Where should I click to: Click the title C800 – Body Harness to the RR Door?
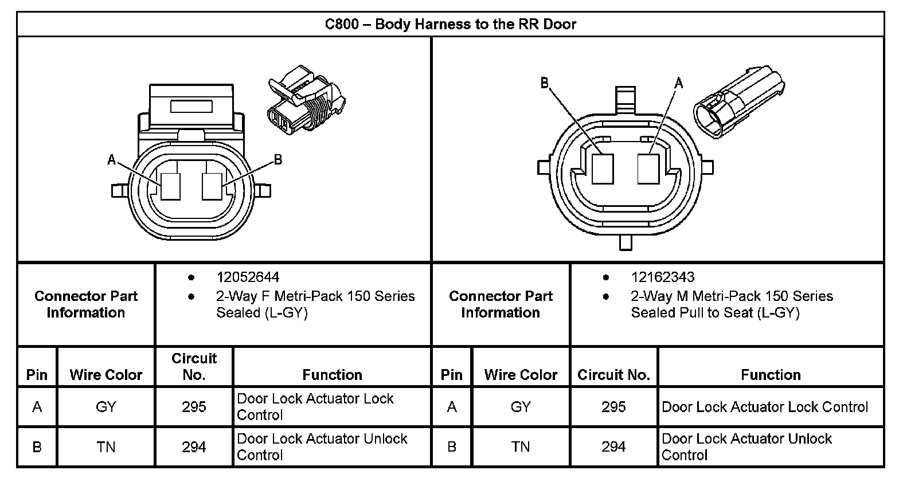(x=450, y=24)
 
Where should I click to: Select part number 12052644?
(x=248, y=277)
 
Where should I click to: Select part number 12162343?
(x=662, y=277)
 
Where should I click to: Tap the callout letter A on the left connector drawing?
(x=112, y=160)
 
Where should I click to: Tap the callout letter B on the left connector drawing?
(x=278, y=160)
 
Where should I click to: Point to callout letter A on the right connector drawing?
(x=679, y=84)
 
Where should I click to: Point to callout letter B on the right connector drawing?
(x=545, y=84)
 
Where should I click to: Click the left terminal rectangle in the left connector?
(x=170, y=186)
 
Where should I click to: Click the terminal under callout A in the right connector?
(x=648, y=169)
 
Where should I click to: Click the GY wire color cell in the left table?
(x=106, y=407)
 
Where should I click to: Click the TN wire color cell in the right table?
(x=521, y=446)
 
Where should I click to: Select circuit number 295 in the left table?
(x=194, y=407)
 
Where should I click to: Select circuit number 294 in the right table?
(x=613, y=446)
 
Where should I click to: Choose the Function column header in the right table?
(x=771, y=375)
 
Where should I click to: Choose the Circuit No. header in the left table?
(x=194, y=366)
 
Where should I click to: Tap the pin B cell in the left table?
(x=37, y=446)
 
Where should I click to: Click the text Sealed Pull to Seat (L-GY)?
(x=715, y=313)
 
